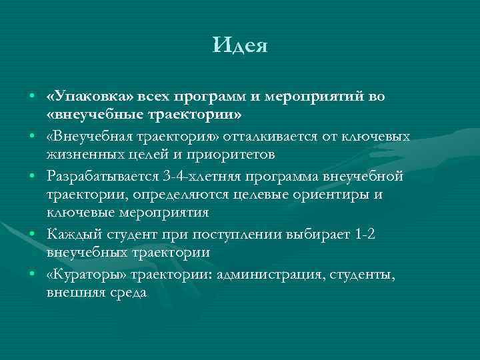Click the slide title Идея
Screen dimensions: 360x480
[x=240, y=46]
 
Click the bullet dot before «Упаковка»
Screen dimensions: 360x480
[x=32, y=97]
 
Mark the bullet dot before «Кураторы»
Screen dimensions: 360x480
[x=32, y=275]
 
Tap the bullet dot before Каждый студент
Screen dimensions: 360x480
[x=32, y=235]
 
